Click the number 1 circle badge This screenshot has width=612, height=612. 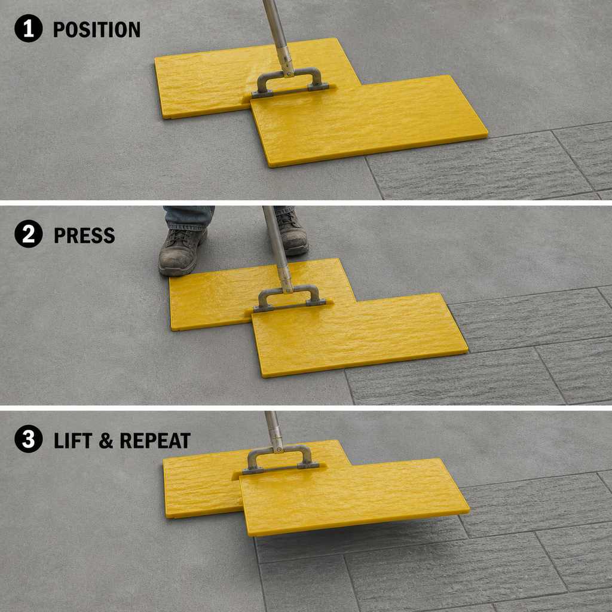(x=29, y=29)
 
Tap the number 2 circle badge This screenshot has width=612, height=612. (x=29, y=234)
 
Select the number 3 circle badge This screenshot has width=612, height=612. (x=29, y=439)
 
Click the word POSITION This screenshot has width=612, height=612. (x=96, y=30)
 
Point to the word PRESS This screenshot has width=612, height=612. (x=84, y=235)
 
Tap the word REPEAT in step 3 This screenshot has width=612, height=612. (x=155, y=440)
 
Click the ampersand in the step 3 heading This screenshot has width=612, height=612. (x=106, y=440)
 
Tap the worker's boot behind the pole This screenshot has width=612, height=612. (x=292, y=233)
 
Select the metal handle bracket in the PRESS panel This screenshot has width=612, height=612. (x=289, y=299)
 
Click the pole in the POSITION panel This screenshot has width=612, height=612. (x=279, y=38)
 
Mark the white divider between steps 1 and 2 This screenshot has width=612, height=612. (x=306, y=203)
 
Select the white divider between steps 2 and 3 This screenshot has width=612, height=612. (x=306, y=408)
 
